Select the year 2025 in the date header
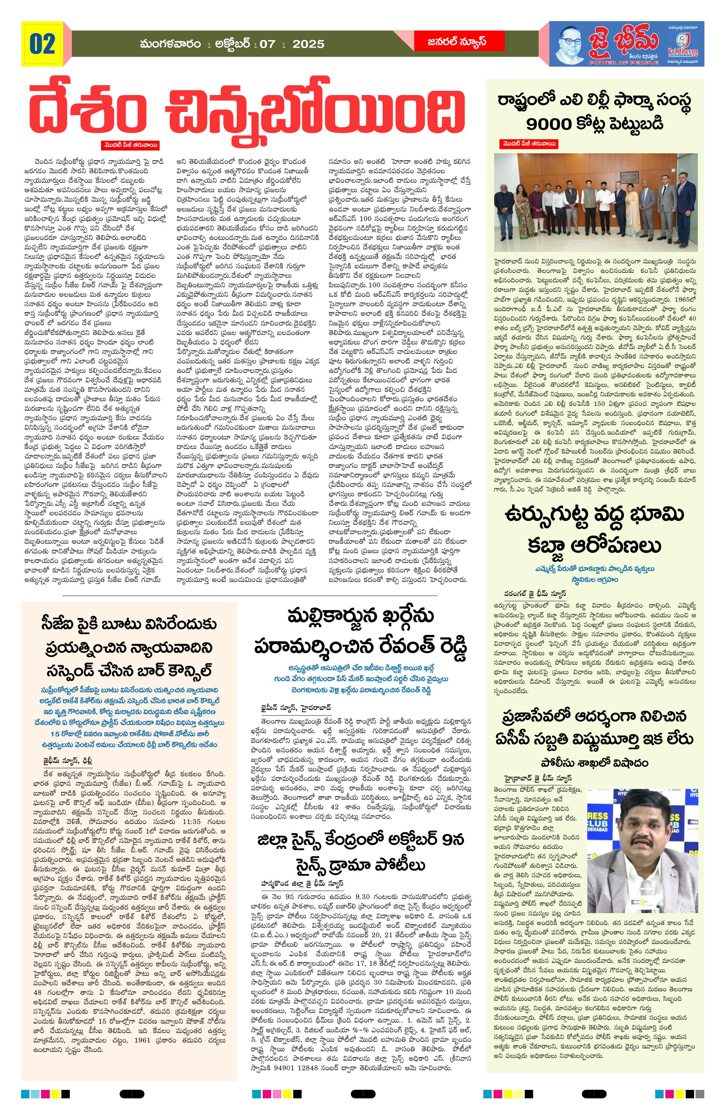[308, 44]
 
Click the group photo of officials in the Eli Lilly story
[595, 202]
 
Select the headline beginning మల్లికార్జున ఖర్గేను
[361, 631]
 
